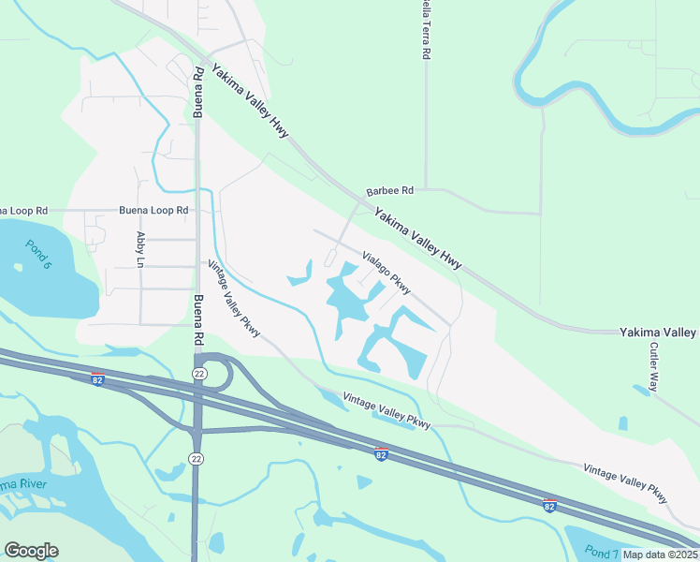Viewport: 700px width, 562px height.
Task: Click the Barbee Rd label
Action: (x=389, y=191)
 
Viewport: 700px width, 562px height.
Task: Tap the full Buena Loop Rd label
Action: (x=154, y=211)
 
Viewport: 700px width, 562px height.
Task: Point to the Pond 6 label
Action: (x=38, y=255)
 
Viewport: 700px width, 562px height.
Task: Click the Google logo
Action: (x=31, y=551)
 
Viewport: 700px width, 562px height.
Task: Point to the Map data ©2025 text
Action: (x=660, y=555)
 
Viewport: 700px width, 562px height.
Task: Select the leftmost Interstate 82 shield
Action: (x=97, y=379)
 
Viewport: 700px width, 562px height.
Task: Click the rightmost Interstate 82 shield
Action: (x=550, y=504)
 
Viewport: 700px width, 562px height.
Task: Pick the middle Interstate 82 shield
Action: (x=381, y=454)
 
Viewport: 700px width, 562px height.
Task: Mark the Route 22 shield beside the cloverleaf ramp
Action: (x=198, y=373)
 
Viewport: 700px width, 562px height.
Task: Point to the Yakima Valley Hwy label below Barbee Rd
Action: (x=419, y=240)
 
